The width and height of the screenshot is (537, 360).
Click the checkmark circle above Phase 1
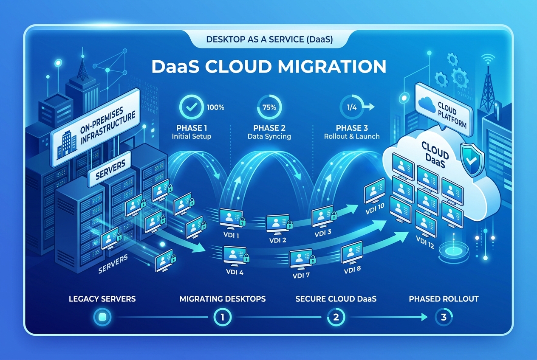[191, 107]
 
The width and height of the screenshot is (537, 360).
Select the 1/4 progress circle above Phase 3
[351, 107]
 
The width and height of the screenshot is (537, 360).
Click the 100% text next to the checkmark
[215, 107]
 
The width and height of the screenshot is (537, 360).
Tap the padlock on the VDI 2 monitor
[289, 224]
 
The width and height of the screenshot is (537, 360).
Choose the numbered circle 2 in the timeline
[334, 316]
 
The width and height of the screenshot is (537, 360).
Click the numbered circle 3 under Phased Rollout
[443, 316]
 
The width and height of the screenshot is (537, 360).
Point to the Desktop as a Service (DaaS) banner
[268, 39]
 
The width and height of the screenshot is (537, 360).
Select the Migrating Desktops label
[222, 299]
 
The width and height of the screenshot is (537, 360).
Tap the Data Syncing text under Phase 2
[269, 137]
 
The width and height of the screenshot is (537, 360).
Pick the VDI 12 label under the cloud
[425, 243]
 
